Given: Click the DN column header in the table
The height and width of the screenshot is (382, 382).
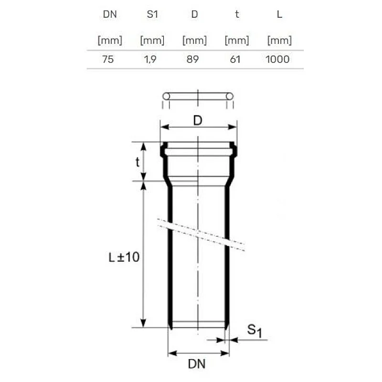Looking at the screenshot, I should coord(110,14).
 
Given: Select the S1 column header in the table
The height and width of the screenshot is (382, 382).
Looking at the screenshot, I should coord(152,14).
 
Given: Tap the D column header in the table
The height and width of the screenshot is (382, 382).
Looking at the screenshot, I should coord(194,14).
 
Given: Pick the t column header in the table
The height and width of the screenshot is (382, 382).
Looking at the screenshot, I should coord(236,14).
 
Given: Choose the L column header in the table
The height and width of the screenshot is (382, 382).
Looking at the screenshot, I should coord(279,14).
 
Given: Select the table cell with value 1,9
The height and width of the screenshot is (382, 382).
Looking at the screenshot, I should coord(152,59).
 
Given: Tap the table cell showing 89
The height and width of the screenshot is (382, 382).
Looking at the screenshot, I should coord(194,59).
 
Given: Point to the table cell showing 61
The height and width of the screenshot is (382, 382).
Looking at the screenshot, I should coord(236,59).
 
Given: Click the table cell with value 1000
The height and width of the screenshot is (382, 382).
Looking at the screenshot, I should coord(278,59).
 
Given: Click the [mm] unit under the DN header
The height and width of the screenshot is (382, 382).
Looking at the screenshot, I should coord(110,41).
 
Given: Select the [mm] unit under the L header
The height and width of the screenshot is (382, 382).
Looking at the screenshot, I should coord(279,41).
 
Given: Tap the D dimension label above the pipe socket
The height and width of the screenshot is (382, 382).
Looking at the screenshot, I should coord(198,121).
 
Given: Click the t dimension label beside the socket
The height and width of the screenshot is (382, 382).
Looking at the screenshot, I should coord(137,162).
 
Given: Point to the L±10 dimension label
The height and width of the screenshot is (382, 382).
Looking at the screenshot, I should coord(124,257).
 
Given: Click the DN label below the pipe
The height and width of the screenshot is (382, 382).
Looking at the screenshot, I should coord(196,364).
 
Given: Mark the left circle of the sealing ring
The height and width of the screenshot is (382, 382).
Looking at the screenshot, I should coord(166,96).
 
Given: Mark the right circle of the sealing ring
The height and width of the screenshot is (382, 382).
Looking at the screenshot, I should coord(230,96).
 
